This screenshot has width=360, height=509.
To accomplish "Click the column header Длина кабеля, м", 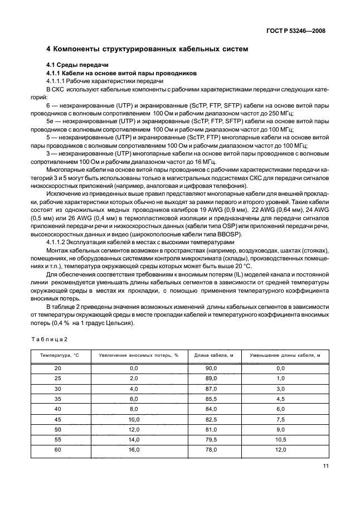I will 211,355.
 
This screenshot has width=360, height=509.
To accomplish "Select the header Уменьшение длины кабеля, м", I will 284,355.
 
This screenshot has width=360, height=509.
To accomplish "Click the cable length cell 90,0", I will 211,369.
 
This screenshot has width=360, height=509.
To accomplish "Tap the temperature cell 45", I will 58,419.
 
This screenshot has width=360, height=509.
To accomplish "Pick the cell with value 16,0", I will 133,449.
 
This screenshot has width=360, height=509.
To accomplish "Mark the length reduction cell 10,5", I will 280,439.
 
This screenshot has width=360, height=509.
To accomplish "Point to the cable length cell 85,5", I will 211,399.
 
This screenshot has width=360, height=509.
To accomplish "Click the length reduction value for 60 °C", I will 280,449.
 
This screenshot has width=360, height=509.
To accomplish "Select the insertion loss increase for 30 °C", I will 133,389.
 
